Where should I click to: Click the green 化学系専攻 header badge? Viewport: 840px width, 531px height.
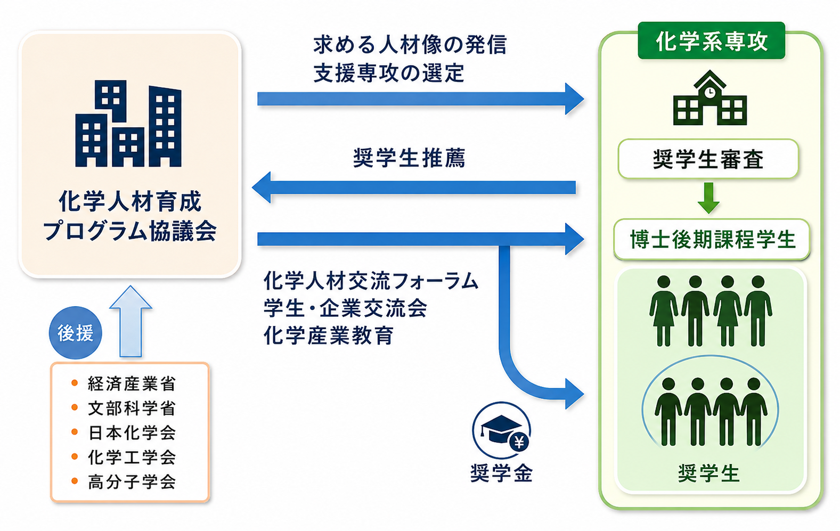pyautogui.click(x=711, y=40)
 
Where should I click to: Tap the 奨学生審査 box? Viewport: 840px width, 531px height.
pyautogui.click(x=708, y=159)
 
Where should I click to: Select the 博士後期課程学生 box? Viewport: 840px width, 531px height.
pyautogui.click(x=712, y=239)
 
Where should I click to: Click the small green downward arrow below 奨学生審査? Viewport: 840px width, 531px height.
pyautogui.click(x=708, y=198)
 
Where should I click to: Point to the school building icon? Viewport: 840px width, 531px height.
pyautogui.click(x=710, y=98)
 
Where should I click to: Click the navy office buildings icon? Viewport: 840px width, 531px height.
pyautogui.click(x=128, y=124)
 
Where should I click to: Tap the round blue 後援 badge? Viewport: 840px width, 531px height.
pyautogui.click(x=76, y=333)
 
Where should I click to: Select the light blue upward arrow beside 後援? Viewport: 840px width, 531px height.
pyautogui.click(x=131, y=321)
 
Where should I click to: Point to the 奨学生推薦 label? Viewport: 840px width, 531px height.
pyautogui.click(x=409, y=158)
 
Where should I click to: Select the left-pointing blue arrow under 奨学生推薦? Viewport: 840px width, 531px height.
pyautogui.click(x=414, y=187)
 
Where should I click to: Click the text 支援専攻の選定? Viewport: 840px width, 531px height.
pyautogui.click(x=389, y=73)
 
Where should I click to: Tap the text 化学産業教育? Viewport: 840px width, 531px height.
pyautogui.click(x=329, y=335)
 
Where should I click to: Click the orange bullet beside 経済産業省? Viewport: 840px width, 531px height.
pyautogui.click(x=74, y=383)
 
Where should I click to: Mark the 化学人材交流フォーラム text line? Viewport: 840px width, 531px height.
pyautogui.click(x=371, y=281)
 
